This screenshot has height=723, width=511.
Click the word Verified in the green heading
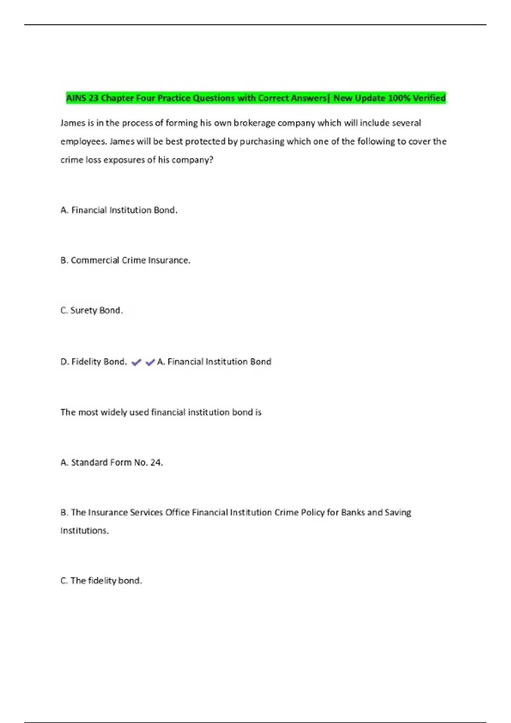[x=429, y=98]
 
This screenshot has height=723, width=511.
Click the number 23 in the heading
[x=93, y=98]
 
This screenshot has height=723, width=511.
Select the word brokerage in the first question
[x=254, y=123]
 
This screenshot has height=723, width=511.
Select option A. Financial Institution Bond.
[x=119, y=210]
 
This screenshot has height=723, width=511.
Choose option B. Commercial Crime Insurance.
[x=125, y=260]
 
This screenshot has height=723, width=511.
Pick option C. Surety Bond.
[x=92, y=310]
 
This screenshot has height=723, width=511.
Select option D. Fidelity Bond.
[x=94, y=362]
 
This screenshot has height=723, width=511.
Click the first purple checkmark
[x=136, y=362]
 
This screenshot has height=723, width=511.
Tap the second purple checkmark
[x=150, y=362]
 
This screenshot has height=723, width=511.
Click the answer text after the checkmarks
[x=214, y=362]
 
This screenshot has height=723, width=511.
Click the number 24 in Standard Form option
[x=156, y=463]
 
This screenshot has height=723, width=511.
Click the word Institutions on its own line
[x=84, y=531]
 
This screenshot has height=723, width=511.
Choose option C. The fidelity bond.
[x=101, y=581]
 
